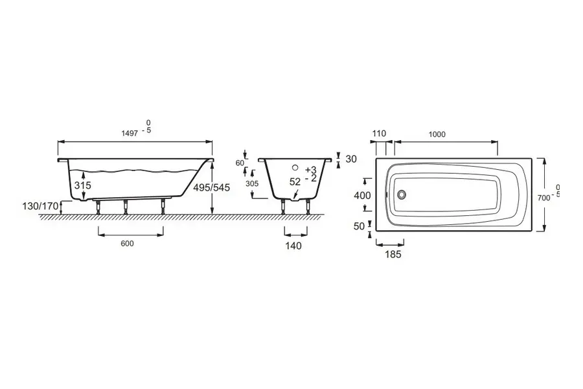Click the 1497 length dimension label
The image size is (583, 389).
click(x=130, y=133)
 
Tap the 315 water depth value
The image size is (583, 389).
click(x=82, y=185)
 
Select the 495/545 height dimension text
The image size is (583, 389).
click(x=212, y=187)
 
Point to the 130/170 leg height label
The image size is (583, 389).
click(x=41, y=206)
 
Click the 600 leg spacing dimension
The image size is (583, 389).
click(x=127, y=244)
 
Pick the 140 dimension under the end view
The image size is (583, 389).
click(x=293, y=246)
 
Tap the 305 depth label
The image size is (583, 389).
click(x=252, y=183)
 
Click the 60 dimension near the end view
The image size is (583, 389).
click(x=240, y=163)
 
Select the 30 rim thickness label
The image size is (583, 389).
click(x=351, y=159)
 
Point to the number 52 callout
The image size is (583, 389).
click(x=295, y=182)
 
